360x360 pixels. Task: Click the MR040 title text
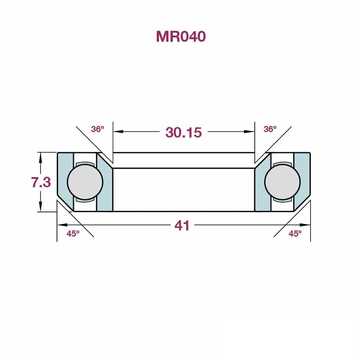(181, 37)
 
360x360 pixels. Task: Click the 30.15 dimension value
(183, 132)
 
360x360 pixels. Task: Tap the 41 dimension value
(182, 225)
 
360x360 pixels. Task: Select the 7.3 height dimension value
(41, 182)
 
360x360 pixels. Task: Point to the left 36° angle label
(98, 129)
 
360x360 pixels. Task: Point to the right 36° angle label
(270, 129)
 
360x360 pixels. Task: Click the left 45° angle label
(73, 234)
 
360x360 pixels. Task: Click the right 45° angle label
(295, 234)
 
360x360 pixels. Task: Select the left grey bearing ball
(85, 182)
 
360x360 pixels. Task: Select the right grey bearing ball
(282, 182)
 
